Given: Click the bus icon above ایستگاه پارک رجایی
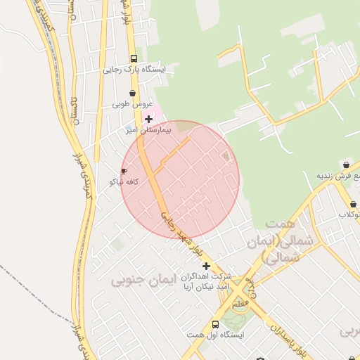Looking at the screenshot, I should [134, 59].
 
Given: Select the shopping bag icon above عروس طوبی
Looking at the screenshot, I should [132, 93].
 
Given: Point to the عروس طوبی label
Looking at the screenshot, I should [131, 104].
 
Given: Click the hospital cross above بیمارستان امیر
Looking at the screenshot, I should [148, 120].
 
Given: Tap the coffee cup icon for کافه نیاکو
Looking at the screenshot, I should [124, 171].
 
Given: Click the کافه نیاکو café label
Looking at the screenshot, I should [125, 181].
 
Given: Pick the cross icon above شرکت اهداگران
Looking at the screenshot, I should [206, 266].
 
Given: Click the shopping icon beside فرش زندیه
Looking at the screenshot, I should [345, 165].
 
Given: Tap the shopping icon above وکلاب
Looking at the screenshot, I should [352, 204].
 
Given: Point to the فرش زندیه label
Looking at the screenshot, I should [338, 176].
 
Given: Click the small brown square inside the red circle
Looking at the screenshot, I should [225, 155].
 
